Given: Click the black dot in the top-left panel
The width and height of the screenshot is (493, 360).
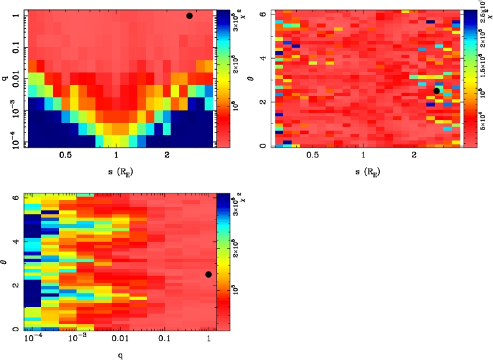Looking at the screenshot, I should coord(190,16).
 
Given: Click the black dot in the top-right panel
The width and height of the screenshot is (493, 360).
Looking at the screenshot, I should coord(437,91).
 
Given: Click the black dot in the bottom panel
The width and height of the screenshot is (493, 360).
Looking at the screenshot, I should coord(209,274).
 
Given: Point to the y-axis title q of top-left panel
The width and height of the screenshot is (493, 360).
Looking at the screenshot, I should coord(5,79).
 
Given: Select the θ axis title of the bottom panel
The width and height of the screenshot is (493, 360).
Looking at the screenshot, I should coord(5,262).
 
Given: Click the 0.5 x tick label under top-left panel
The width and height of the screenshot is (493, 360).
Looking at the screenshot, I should coord(65,156).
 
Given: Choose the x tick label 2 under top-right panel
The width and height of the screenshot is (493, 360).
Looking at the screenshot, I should coord(415,156).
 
